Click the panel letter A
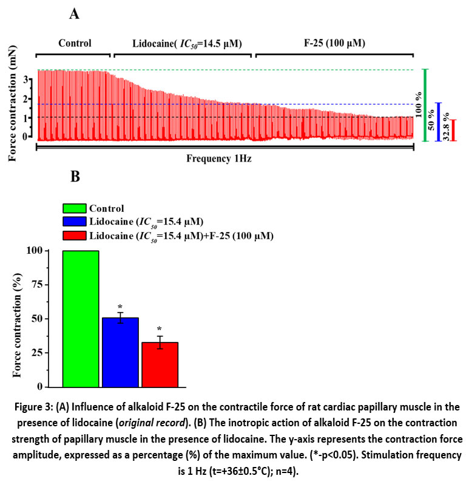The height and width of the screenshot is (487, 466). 74,15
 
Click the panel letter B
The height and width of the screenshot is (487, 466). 76,177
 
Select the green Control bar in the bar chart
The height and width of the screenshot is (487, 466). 81,318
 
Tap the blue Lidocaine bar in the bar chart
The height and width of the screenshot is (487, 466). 120,352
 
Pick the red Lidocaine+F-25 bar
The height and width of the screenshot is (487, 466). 160,364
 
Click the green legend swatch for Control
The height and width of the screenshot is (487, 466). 75,208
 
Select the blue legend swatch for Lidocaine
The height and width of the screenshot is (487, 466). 75,222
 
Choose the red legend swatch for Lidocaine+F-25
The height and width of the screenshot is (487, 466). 75,236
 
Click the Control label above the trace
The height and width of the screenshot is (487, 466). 75,43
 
